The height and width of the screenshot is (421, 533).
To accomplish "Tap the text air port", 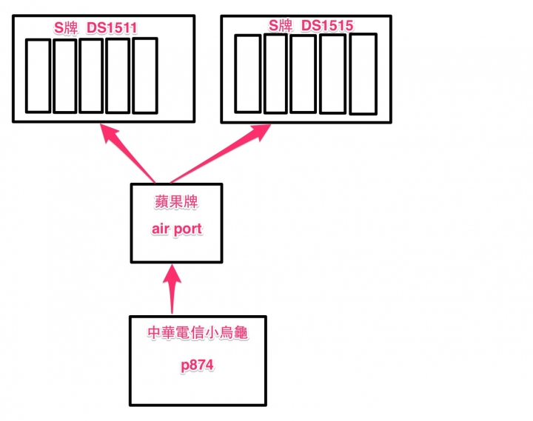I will coord(177,229).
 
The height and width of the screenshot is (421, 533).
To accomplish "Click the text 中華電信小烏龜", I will coord(196,334).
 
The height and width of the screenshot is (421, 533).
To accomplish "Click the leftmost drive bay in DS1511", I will coord(38,75).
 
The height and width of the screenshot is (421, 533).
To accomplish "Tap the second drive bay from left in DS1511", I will coord(64,75).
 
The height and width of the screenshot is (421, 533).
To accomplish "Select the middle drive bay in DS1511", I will coord(91,75).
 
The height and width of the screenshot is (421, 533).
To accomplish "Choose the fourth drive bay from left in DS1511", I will coord(118,75).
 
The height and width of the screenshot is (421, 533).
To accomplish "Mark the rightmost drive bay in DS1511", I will coord(145,75).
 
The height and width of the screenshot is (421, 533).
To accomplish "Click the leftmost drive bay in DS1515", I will coord(248,74).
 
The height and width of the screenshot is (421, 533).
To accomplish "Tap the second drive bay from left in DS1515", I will coord(275,74).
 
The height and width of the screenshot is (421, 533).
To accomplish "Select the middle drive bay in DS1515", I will coord(304,74).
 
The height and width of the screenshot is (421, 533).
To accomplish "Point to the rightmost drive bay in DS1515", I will coord(363,74).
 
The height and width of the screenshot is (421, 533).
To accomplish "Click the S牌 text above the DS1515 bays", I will coord(281,26).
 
